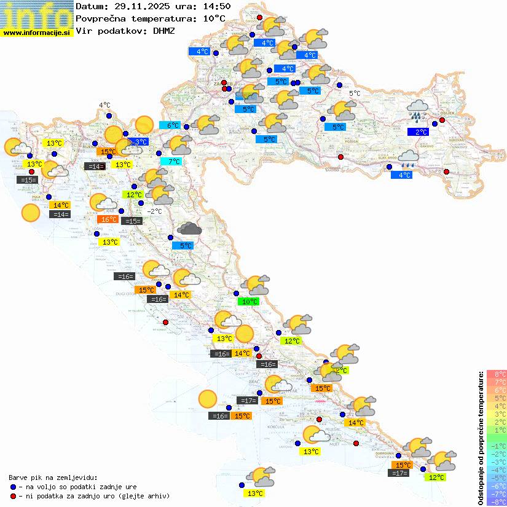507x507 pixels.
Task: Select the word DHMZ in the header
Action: tap(163, 30)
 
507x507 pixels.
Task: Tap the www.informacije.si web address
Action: tap(37, 32)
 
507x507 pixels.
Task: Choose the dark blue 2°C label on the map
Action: tap(418, 132)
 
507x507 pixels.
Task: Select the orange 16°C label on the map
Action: tap(108, 219)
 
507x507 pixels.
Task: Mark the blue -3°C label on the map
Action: tap(139, 142)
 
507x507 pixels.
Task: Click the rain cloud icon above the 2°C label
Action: tap(418, 110)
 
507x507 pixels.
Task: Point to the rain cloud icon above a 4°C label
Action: tap(408, 159)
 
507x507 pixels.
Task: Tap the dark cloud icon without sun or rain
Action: tap(189, 229)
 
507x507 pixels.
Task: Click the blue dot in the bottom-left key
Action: tap(13, 486)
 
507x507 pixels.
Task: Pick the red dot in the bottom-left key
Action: tap(13, 496)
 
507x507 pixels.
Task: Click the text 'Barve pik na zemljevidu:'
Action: tap(53, 477)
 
